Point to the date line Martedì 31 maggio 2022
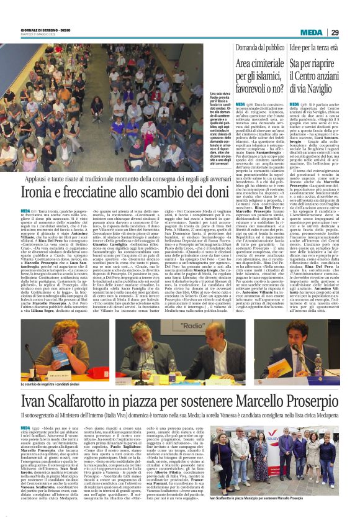[x=37, y=34]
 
